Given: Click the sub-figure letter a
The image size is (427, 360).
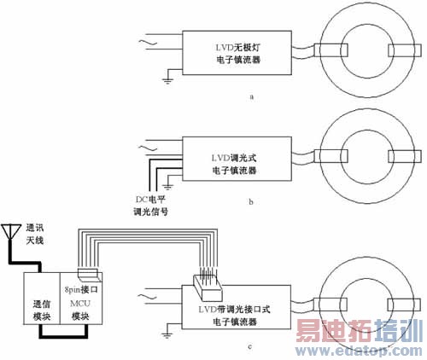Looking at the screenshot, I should pos(251,97).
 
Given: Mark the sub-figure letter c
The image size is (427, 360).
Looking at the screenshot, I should pos(248,345).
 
